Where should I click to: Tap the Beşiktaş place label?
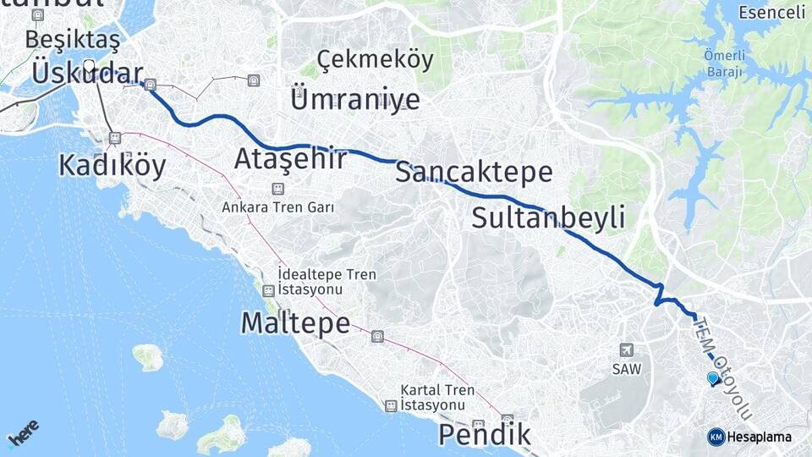click(73, 39)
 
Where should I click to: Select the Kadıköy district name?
click(112, 165)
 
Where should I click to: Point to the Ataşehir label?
click(290, 158)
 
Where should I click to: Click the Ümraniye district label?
click(354, 99)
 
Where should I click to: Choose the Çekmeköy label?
click(376, 60)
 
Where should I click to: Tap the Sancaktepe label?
click(474, 173)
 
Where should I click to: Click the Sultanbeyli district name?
click(548, 217)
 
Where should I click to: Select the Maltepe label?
click(295, 322)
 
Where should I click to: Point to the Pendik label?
click(485, 435)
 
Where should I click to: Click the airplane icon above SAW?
click(626, 350)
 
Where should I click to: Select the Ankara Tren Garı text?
click(278, 206)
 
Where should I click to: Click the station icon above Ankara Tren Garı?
click(277, 189)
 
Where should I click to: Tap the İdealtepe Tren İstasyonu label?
click(326, 282)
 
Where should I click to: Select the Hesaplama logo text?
click(759, 437)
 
